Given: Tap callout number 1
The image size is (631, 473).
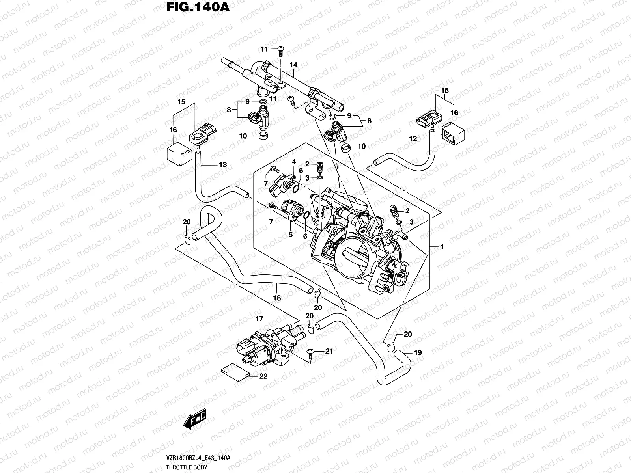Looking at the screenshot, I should pos(442,247).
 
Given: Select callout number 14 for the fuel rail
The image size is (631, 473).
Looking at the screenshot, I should pos(293,65).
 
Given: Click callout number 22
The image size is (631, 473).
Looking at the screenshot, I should pos(263,376).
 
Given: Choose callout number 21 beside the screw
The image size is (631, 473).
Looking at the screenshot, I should pos(329,351).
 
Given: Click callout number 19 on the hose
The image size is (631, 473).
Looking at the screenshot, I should pos(418,353).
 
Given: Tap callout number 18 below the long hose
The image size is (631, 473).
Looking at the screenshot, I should pos(277,298).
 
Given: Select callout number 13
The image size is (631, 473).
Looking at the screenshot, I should pos(223,165).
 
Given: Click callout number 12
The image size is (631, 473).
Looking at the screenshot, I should pos(413,139).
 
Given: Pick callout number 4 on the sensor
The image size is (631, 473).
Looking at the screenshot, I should pos(293,162).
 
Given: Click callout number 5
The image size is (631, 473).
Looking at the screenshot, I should pos(290,235).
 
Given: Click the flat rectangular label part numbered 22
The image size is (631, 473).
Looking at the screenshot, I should pos(235,372).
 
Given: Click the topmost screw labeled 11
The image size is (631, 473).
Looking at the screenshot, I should pos(281,48).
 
